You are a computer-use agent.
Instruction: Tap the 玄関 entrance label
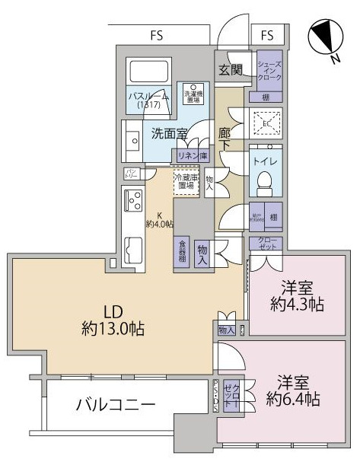pos(231,70)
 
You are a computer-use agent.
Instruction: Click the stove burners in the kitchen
pos(132,201)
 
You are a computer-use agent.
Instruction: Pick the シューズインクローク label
pos(269,71)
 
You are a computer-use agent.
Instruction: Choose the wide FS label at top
pos(158,34)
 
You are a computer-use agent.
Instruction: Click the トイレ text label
pos(264,161)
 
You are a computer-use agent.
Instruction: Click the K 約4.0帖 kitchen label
pos(161,219)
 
